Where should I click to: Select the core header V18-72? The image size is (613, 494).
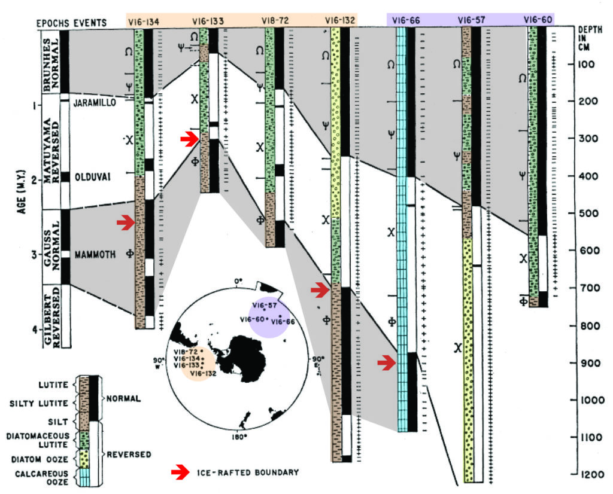275,22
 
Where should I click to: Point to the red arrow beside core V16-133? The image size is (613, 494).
189,139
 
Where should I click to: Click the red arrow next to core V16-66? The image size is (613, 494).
386,362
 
